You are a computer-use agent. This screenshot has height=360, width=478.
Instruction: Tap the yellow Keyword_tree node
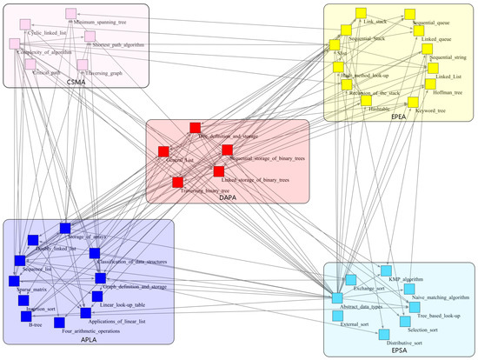point(413,103)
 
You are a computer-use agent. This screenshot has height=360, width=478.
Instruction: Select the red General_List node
point(163,152)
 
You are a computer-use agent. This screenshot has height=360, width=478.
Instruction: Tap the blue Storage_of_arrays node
point(64,229)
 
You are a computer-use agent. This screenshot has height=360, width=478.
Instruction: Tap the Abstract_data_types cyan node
point(337,299)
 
